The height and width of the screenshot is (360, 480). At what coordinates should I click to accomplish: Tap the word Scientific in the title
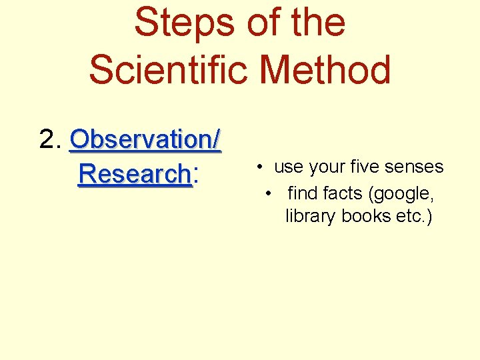pyautogui.click(x=171, y=69)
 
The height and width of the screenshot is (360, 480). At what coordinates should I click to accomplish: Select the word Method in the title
pyautogui.click(x=326, y=69)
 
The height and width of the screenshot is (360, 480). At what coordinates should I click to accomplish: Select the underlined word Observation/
pyautogui.click(x=145, y=140)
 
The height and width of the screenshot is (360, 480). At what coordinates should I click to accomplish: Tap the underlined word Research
pyautogui.click(x=134, y=175)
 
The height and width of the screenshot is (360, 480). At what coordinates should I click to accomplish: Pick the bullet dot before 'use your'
pyautogui.click(x=257, y=167)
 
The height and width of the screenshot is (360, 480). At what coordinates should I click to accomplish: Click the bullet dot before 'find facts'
pyautogui.click(x=268, y=193)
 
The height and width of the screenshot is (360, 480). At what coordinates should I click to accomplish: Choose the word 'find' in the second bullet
pyautogui.click(x=302, y=193)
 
